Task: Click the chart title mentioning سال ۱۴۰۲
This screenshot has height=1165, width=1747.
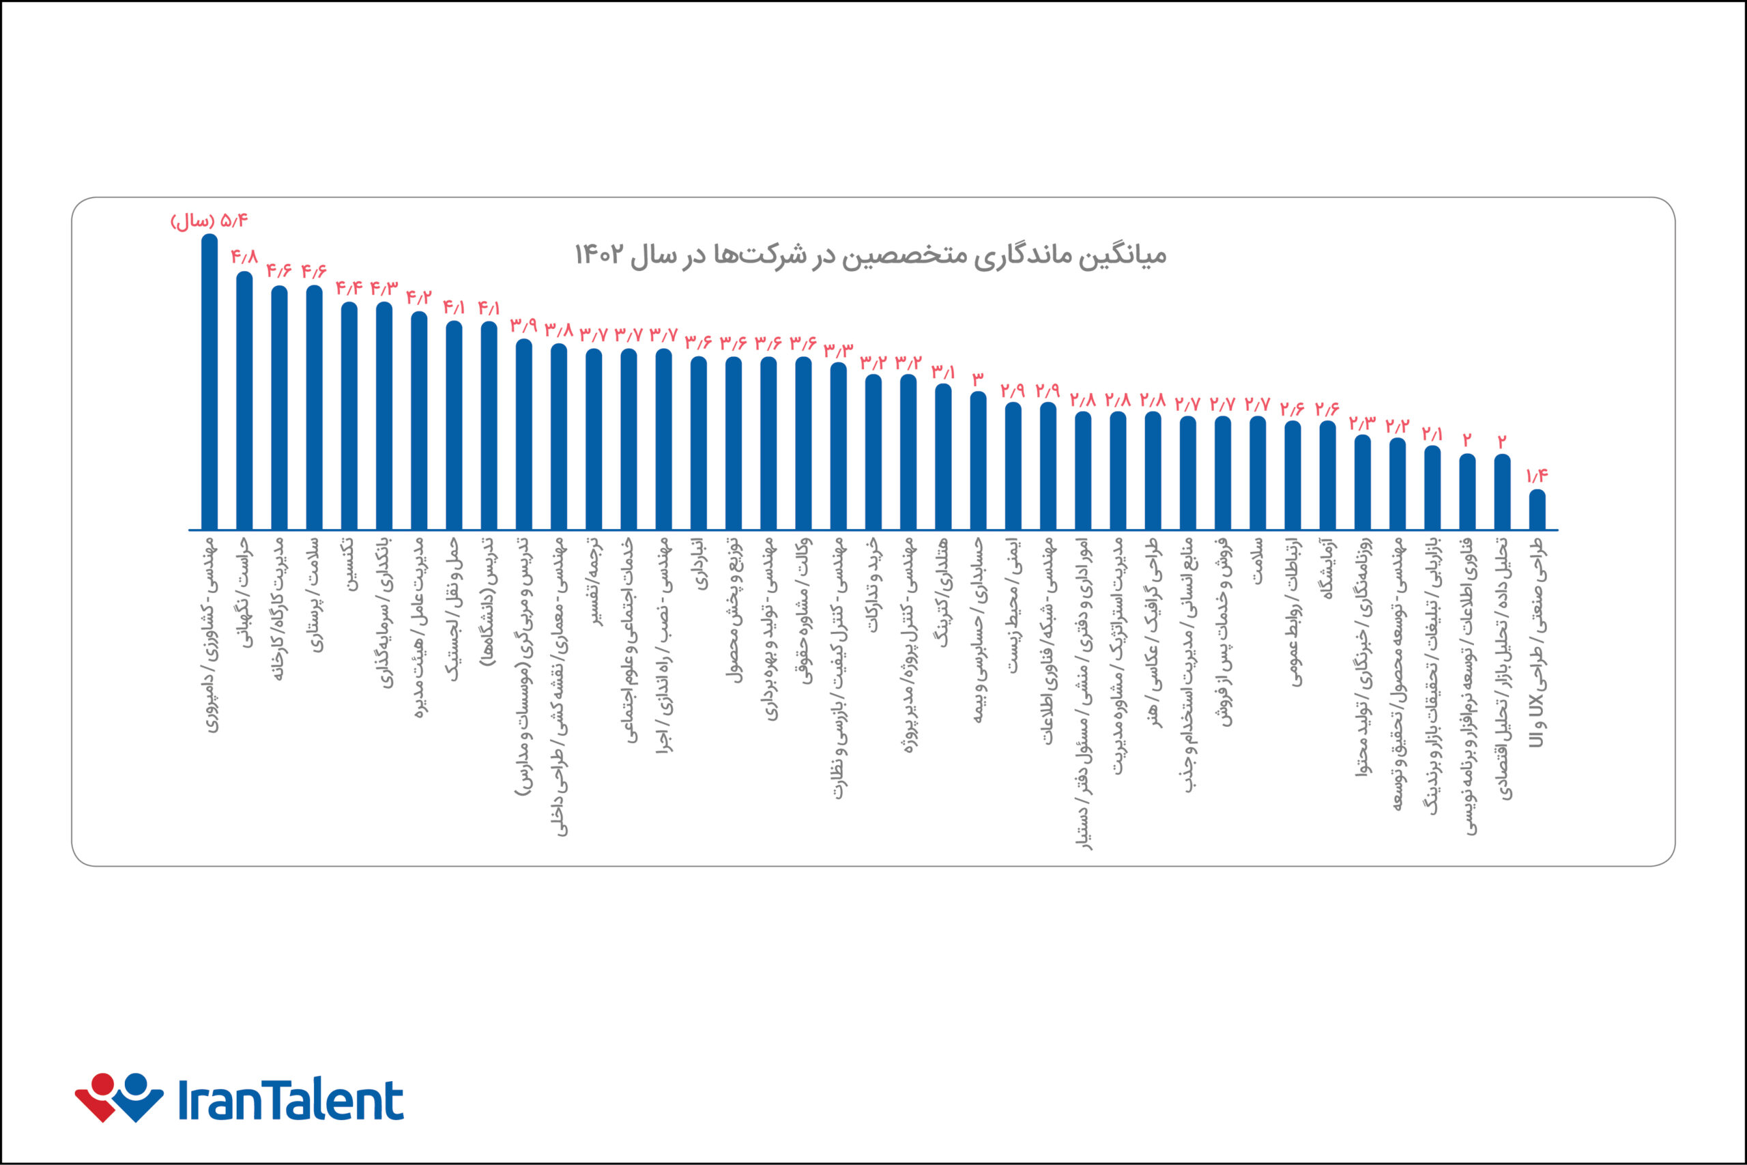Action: [871, 255]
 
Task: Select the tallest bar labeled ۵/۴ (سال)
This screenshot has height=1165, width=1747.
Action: [210, 383]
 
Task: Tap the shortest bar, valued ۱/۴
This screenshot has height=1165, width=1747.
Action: [1537, 510]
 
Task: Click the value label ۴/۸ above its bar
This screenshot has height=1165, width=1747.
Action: [244, 257]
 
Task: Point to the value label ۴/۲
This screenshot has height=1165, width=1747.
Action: [419, 297]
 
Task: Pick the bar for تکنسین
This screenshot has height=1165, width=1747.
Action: [349, 416]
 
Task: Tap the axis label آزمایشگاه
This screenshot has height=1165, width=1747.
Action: [1327, 568]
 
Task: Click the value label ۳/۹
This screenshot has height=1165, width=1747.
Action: [523, 326]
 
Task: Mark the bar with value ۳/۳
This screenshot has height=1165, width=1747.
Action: [839, 446]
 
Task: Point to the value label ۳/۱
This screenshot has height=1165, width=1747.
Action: [943, 370]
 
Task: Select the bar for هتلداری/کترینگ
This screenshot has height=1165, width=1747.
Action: [943, 457]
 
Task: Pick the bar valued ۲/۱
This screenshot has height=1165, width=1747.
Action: [1432, 488]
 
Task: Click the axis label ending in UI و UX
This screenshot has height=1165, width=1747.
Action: [1537, 642]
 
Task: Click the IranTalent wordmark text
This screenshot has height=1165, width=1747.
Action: [291, 1100]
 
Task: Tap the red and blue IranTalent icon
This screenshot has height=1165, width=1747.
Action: [119, 1097]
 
